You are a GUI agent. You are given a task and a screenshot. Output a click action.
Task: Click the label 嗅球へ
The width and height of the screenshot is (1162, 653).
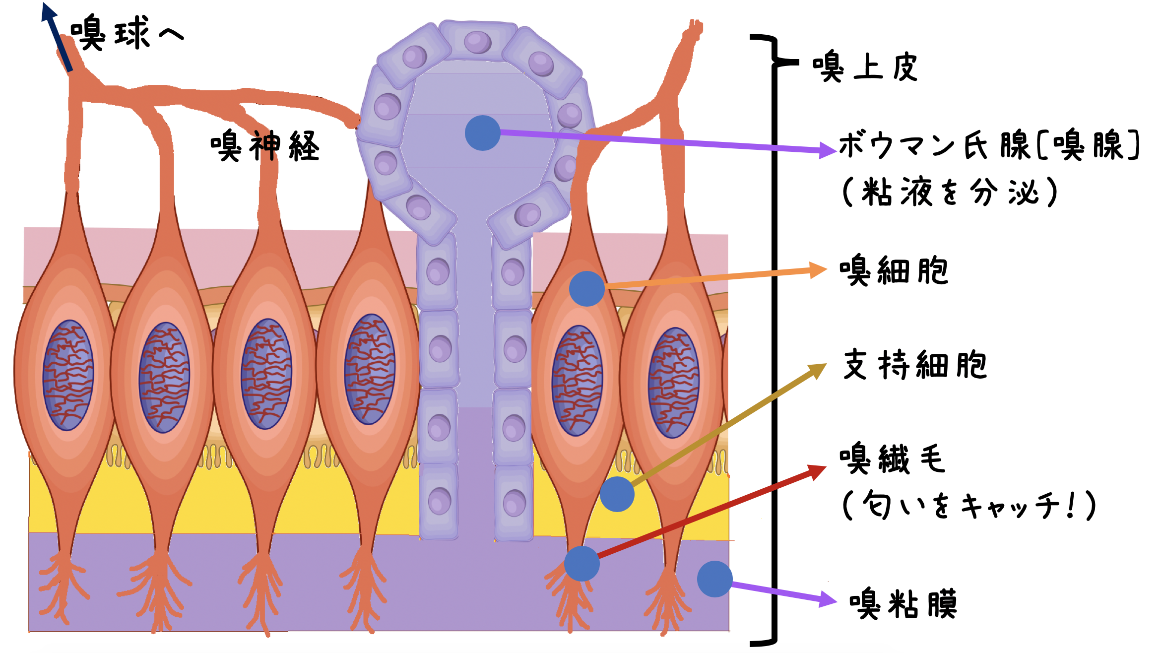pos(127,33)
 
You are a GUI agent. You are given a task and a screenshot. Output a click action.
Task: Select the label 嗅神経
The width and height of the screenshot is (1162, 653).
pos(265,146)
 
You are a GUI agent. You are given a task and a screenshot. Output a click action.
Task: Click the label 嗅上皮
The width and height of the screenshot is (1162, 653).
pos(865,66)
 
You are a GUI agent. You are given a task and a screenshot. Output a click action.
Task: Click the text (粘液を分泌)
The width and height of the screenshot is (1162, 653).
pos(950,192)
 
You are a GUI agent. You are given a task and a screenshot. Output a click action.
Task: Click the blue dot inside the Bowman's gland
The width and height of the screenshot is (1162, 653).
pos(482,133)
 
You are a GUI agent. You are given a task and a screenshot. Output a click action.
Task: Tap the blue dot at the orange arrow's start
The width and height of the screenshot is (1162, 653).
pos(586,288)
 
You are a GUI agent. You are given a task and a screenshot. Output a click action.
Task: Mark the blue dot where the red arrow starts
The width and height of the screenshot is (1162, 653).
pos(581,564)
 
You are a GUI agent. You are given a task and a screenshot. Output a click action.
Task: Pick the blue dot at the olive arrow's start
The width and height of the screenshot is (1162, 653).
pos(617,494)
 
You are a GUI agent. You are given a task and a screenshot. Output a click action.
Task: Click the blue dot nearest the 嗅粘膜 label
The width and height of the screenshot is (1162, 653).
pos(714,579)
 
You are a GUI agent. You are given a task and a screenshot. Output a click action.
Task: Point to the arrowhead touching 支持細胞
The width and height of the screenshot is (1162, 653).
pos(818,370)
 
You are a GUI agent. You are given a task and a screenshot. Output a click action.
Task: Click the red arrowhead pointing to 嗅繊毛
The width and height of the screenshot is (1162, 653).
pos(817,471)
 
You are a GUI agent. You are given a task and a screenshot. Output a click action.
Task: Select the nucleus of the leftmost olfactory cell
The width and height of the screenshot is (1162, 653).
pos(68,375)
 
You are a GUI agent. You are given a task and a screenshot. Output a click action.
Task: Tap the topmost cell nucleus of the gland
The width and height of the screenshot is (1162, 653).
pos(477,42)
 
